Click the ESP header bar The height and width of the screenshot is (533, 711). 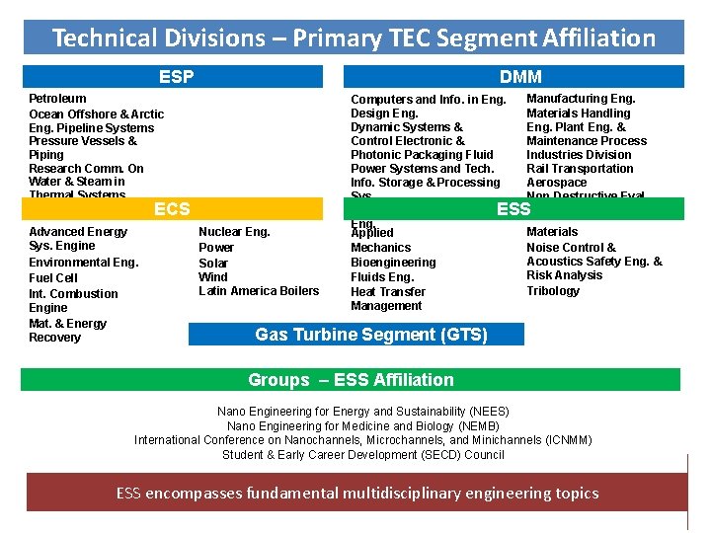pos(176,77)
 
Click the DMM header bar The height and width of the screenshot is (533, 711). pos(519,77)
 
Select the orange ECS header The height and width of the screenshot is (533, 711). pos(172,209)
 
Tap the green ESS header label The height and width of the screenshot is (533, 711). pos(513,209)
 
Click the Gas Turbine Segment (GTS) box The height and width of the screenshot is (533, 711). pos(370,335)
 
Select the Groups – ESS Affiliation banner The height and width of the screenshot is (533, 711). pos(351,380)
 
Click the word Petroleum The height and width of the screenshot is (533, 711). pos(57,99)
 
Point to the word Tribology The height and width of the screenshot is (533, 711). pos(553,291)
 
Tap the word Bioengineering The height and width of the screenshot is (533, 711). pos(393,263)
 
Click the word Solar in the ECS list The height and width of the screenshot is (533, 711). pos(213,263)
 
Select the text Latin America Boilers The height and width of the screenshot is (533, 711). pos(259,291)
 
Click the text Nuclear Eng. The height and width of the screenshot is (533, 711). pos(234,232)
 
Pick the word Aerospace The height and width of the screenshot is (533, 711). pos(556,183)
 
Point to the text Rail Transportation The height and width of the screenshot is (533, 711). pos(580,169)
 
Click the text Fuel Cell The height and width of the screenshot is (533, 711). pos(53,278)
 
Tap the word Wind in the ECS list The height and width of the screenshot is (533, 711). pos(213,277)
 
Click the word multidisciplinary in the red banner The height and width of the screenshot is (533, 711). pos(412,493)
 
